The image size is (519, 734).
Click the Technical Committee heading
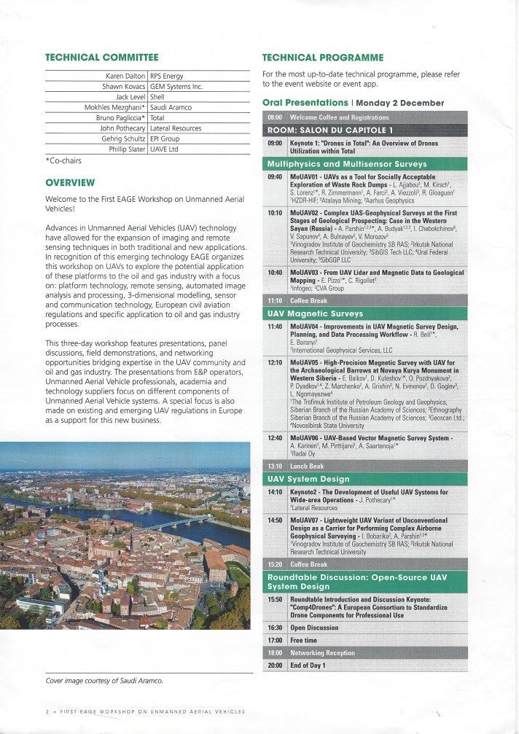point(101,57)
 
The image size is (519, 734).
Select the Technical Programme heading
point(321,57)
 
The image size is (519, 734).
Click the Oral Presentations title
point(305,103)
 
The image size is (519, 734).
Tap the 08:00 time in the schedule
point(275,117)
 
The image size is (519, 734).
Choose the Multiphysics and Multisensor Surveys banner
point(347,163)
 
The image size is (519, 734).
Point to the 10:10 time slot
point(275,213)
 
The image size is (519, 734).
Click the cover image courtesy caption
point(104,681)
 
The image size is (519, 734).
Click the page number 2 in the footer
point(46,711)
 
